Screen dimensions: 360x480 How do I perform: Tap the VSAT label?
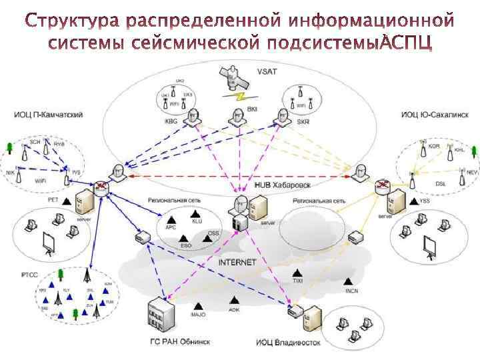[x=267, y=71]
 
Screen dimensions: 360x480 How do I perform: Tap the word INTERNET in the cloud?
[x=237, y=262]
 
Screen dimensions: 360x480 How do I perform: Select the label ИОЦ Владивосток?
[x=288, y=343]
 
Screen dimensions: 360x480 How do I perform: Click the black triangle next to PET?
[x=68, y=198]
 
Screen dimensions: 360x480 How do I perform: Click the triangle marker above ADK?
[x=233, y=301]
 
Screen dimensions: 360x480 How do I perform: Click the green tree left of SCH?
[x=9, y=147]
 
